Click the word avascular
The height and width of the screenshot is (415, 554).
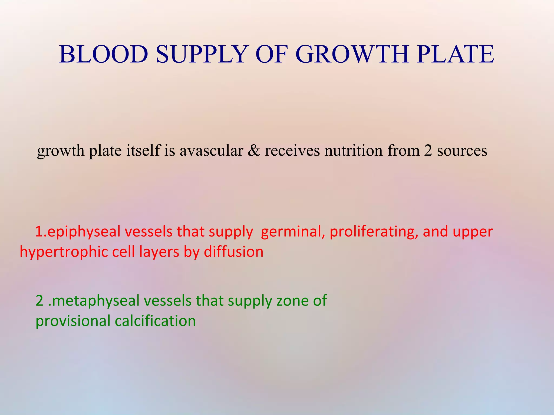coord(211,150)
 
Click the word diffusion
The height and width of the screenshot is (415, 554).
coord(233,252)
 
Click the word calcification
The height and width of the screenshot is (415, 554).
coord(155,321)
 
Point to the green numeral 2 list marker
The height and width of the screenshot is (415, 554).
coord(39,301)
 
